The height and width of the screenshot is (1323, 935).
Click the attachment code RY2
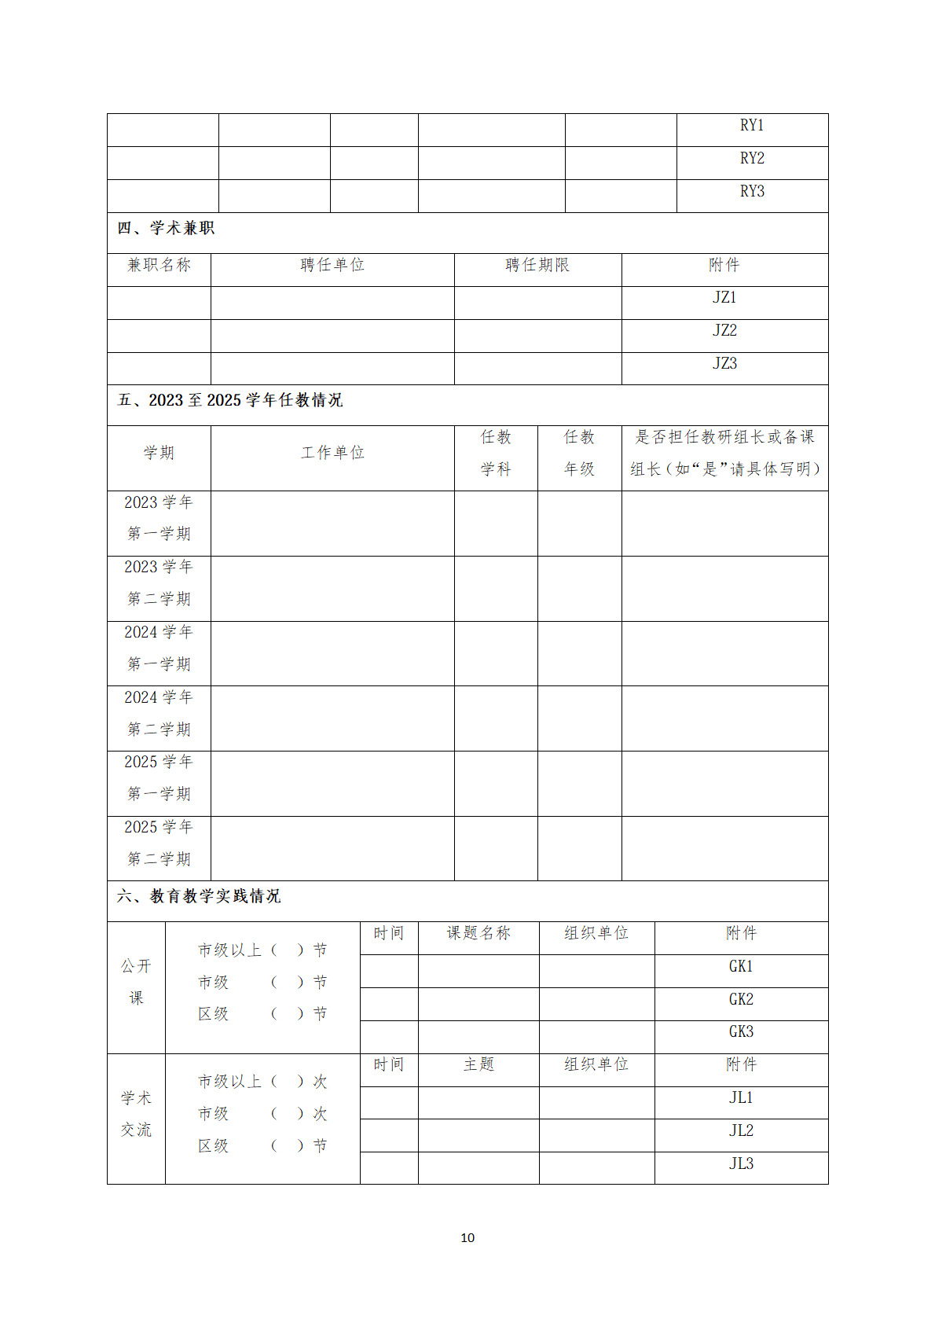[752, 159]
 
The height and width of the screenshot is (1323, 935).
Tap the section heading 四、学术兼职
[166, 228]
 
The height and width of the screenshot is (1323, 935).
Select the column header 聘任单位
[332, 265]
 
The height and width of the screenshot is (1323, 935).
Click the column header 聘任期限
[537, 265]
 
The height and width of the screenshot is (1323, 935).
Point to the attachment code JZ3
[724, 364]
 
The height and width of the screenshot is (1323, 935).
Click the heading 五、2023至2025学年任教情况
[230, 400]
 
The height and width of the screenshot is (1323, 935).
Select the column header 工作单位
[332, 453]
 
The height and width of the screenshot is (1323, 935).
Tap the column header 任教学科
[496, 453]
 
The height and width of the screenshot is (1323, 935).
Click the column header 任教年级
[579, 453]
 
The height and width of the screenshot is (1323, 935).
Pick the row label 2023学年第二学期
[159, 582]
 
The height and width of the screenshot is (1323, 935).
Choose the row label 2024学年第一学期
[159, 648]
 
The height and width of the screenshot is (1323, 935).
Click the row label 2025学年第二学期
[159, 843]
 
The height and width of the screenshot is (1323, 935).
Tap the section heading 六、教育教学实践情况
[199, 896]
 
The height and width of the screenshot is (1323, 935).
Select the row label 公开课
[136, 982]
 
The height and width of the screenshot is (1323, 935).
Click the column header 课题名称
[478, 933]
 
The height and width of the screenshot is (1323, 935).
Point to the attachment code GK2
[741, 999]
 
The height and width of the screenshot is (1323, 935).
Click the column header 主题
[478, 1064]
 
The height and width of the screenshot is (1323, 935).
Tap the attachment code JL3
[741, 1163]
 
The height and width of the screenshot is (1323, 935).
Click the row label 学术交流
[136, 1114]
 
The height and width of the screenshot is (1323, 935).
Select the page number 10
[467, 1238]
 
